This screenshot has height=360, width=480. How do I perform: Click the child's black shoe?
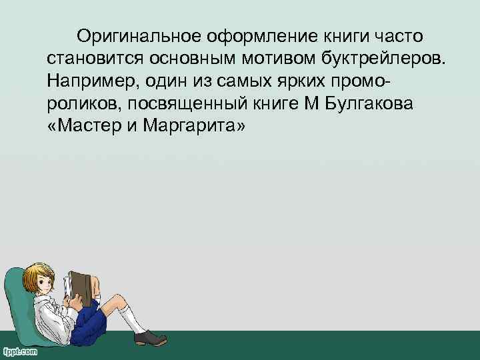150,337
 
